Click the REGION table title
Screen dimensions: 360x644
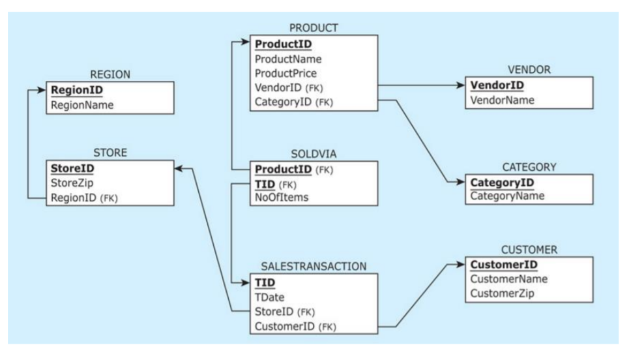pyautogui.click(x=110, y=74)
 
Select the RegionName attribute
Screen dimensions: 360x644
pyautogui.click(x=81, y=104)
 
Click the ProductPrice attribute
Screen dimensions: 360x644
pyautogui.click(x=285, y=73)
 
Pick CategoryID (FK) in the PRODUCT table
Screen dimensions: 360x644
pyautogui.click(x=292, y=102)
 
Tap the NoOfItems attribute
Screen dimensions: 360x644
pyautogui.click(x=282, y=197)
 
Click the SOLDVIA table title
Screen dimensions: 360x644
pyautogui.click(x=314, y=154)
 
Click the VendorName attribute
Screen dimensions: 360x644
pyautogui.click(x=502, y=100)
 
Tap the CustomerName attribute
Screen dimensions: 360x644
pyautogui.click(x=508, y=279)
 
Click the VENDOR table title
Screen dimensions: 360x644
pyautogui.click(x=529, y=69)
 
